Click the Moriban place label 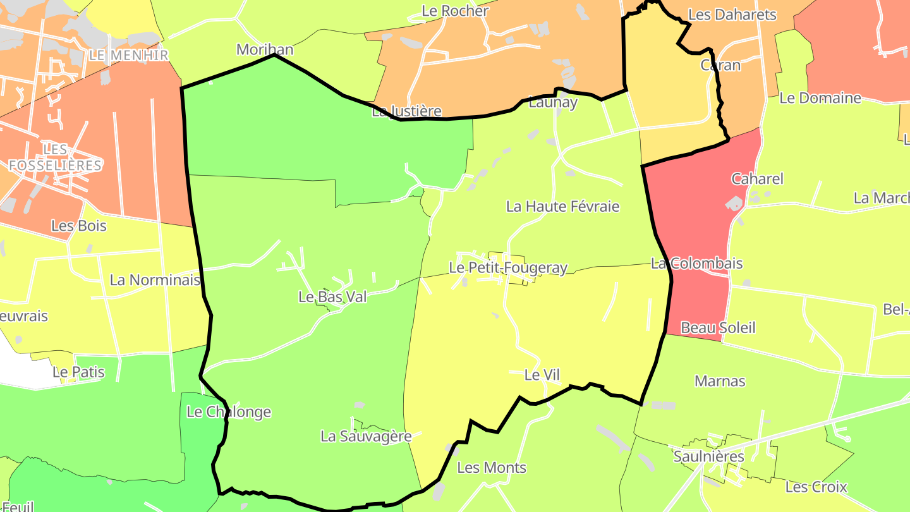265,49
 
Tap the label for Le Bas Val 332,296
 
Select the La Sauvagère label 366,436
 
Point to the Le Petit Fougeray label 508,268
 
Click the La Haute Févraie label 563,207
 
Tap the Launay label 553,102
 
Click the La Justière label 406,112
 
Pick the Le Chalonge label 229,412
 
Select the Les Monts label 492,468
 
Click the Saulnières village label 708,456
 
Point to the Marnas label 720,381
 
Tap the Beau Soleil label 718,328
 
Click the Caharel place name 757,179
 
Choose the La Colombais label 697,264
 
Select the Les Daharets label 732,15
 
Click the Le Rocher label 455,11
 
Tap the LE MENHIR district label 129,56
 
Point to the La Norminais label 155,280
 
